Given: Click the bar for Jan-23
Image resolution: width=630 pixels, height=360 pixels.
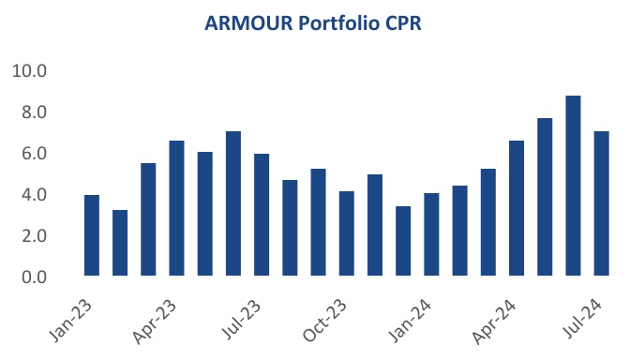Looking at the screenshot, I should pos(92,235).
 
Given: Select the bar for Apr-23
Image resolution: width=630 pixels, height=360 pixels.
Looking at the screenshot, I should pos(176,208).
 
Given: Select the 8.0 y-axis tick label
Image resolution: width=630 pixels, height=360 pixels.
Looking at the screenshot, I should pos(33,112).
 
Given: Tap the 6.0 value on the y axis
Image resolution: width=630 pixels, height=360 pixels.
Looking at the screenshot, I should pos(33,154).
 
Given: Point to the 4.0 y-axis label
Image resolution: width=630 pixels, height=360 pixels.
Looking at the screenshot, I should pos(33,195).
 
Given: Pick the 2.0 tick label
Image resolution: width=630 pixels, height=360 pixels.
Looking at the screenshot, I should pos(33,236).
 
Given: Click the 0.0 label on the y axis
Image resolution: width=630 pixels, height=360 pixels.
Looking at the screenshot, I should pos(33,277).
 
